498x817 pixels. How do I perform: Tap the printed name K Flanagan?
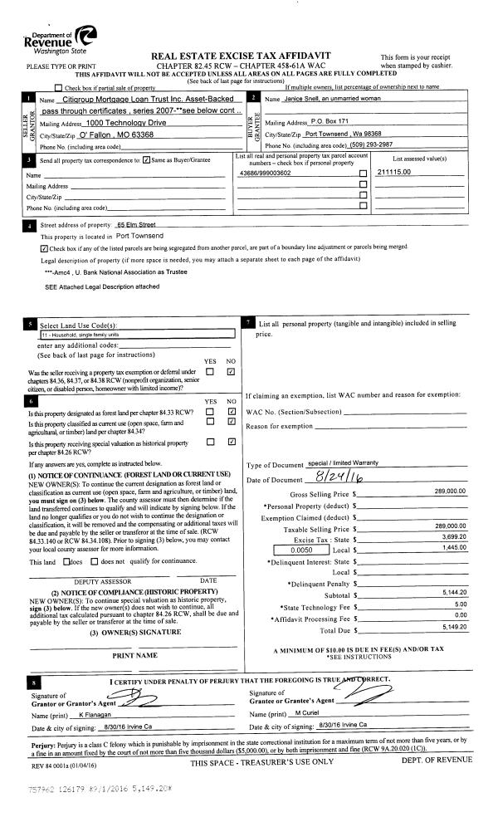87,714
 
